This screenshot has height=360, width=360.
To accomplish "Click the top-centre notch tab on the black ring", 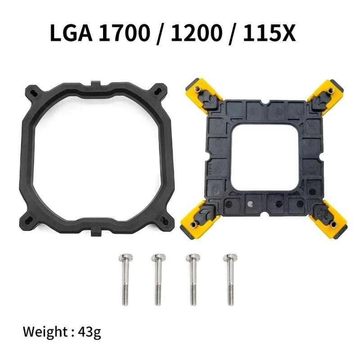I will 95,85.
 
